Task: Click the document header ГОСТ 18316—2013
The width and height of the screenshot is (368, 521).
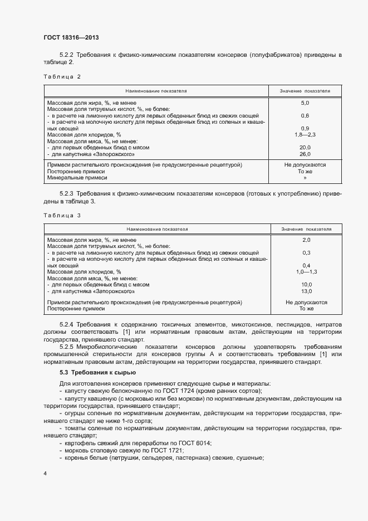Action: point(71,38)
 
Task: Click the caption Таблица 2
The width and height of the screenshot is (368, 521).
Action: point(62,76)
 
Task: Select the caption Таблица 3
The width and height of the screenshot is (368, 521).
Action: point(62,215)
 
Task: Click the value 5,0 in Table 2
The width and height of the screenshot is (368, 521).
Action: point(305,103)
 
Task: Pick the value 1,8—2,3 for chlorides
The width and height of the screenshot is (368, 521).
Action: point(305,135)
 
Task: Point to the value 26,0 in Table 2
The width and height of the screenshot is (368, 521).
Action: point(305,154)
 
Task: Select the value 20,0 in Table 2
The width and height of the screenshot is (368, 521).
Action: point(305,148)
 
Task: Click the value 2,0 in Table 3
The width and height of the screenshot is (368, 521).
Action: point(306,240)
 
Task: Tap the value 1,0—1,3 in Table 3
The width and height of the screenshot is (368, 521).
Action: point(306,271)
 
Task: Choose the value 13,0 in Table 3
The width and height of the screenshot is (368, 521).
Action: point(306,291)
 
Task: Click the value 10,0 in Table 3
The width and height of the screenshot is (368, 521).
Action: point(306,284)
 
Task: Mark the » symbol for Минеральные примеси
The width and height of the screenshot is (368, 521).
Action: point(305,178)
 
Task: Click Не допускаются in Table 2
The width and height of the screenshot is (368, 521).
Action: point(305,165)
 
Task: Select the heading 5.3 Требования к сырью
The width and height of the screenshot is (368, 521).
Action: point(98,372)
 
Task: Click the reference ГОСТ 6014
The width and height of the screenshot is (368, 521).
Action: point(196,442)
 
